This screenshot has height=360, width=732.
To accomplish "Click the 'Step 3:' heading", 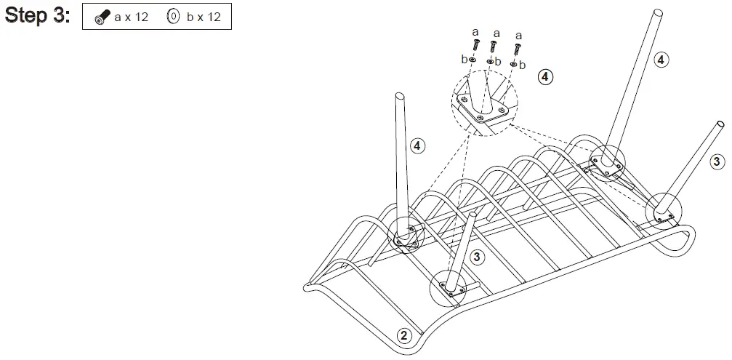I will pos(38,16).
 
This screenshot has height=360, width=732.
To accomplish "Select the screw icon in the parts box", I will pos(104,17).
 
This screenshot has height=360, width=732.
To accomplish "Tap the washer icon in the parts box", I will pos(173,17).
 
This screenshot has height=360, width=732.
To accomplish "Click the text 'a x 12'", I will pos(131,17).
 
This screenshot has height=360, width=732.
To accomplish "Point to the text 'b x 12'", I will pos(204,17).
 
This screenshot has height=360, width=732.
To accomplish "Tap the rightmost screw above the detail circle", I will pos(517,49).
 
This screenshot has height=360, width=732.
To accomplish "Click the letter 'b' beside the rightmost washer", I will pos(524,65).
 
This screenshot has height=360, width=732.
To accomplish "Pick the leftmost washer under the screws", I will pos(472,60).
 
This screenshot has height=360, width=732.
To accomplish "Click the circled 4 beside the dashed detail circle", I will pos(544,76).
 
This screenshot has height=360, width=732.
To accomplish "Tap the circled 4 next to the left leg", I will pos(417,146).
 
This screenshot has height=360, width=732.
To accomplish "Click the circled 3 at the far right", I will pos(716,161).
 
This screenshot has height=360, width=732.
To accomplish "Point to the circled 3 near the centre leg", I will pos(477,257).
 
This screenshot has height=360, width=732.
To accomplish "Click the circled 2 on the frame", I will pos(406,335).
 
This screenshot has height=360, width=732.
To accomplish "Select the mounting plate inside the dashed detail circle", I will pos(485,111).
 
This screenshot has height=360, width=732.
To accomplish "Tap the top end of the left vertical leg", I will pos(399,95).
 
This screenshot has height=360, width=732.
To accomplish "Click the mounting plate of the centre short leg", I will pos(452,289).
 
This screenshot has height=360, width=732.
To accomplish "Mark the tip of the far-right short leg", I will pos(719,124).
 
